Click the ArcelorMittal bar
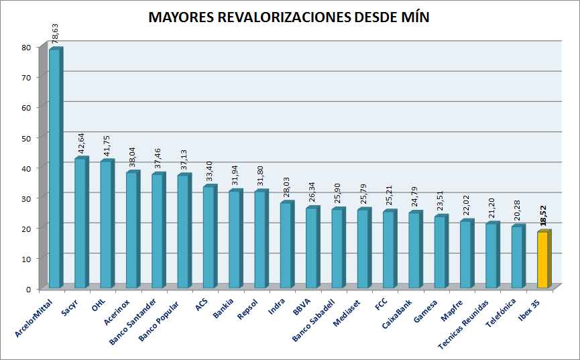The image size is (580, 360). pyautogui.click(x=55, y=168)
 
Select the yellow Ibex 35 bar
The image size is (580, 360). pyautogui.click(x=543, y=260)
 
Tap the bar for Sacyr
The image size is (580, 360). pyautogui.click(x=80, y=223)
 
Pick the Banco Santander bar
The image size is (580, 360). pyautogui.click(x=158, y=231)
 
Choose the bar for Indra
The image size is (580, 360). pyautogui.click(x=286, y=245)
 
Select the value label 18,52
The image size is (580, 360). pyautogui.click(x=544, y=218)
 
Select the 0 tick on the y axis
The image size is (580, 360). pyautogui.click(x=28, y=288)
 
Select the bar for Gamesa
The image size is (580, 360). pyautogui.click(x=441, y=251)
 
